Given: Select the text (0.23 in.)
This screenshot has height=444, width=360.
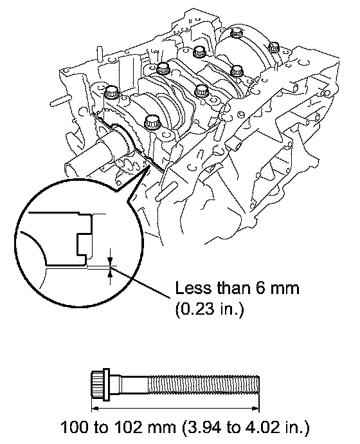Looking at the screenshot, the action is pos(210,310).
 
